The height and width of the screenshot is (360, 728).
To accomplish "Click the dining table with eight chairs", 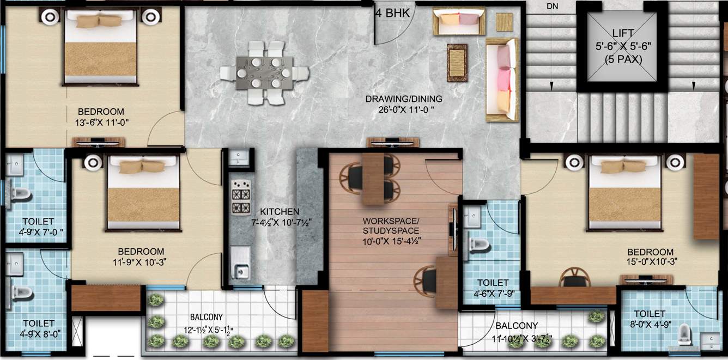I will tap(264, 72).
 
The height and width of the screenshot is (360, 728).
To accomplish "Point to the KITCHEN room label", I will tap(280, 211).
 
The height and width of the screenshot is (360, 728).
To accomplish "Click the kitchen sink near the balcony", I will tap(240, 271).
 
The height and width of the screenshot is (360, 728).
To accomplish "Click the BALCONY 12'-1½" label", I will tap(206, 317).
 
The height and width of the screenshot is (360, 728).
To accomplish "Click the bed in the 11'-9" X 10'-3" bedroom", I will tap(143, 193).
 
